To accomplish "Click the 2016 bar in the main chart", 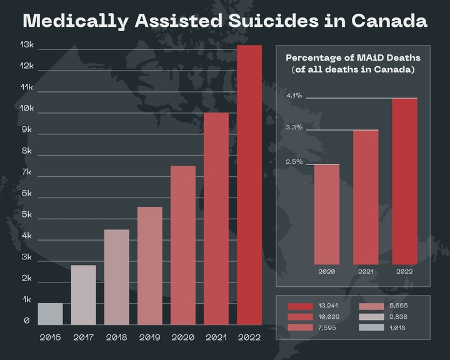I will (x=50, y=314).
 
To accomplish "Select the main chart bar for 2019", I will (x=149, y=266).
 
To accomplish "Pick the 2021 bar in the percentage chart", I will (x=366, y=197).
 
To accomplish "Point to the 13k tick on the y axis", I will (x=27, y=45).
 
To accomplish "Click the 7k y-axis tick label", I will (x=27, y=172).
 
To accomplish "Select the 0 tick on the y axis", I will (x=27, y=321).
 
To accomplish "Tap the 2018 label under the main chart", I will (x=116, y=337).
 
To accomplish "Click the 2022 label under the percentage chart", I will (x=404, y=272).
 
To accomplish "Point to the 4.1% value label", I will (x=294, y=96).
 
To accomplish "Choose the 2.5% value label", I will (x=294, y=162).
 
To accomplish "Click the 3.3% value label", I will (x=294, y=127).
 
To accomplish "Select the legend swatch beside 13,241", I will (x=300, y=306).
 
